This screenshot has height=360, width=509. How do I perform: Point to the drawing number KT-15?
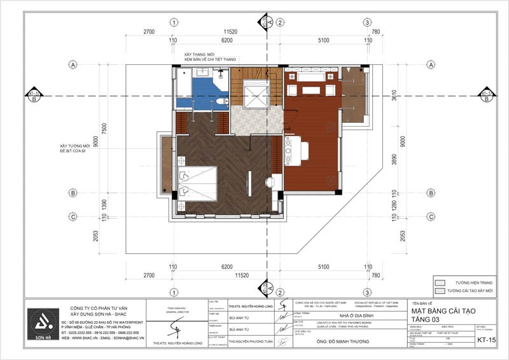tap(487, 340)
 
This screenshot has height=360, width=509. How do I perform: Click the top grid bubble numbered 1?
tap(173, 22)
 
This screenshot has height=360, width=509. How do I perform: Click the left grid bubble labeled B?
tap(74, 193)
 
